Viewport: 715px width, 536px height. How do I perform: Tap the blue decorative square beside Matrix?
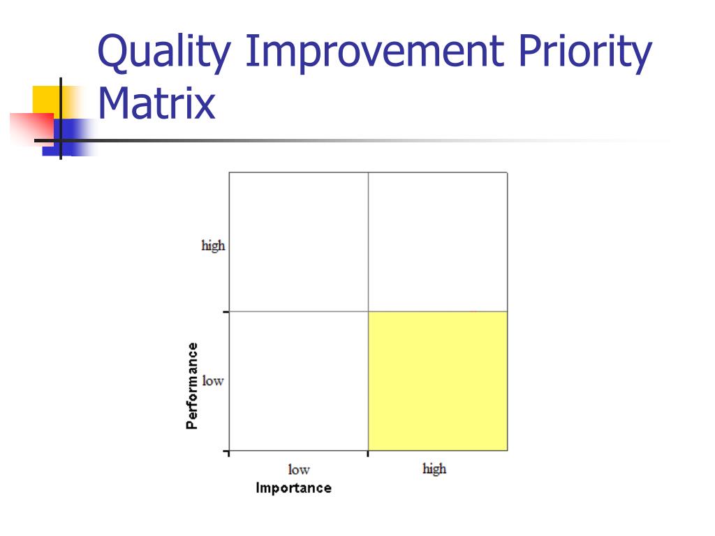click(73, 137)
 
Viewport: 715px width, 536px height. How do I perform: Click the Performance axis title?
click(192, 385)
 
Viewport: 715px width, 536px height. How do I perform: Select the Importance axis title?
click(293, 488)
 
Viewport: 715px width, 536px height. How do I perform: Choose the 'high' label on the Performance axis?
click(213, 246)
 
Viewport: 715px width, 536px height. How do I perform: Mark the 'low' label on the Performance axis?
click(213, 381)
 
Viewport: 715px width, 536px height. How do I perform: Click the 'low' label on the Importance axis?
click(298, 470)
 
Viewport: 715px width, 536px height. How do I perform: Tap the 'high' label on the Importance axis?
click(434, 469)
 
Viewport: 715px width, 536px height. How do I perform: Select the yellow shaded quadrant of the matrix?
click(438, 381)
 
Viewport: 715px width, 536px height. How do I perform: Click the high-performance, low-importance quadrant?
click(298, 241)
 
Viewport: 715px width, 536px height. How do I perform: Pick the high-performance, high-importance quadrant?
click(438, 241)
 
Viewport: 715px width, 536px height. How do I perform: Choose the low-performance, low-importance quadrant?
click(298, 381)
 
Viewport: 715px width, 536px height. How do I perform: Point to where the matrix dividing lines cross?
click(368, 311)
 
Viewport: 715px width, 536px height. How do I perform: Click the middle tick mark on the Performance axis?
click(226, 312)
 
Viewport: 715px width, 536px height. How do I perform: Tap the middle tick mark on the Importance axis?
click(368, 454)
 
